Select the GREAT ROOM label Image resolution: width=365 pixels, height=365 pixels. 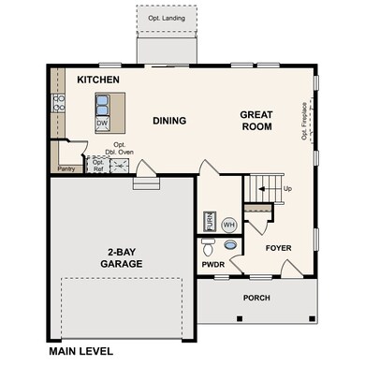coord(255,122)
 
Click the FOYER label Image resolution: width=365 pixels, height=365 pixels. coord(280,249)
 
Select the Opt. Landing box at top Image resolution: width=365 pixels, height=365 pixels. coord(168,19)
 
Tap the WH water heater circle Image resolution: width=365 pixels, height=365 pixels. coord(228,225)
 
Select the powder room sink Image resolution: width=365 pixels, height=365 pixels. coord(209,249)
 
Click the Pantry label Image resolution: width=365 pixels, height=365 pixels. coord(66,169)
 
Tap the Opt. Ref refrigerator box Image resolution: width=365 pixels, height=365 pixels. coord(98,164)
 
